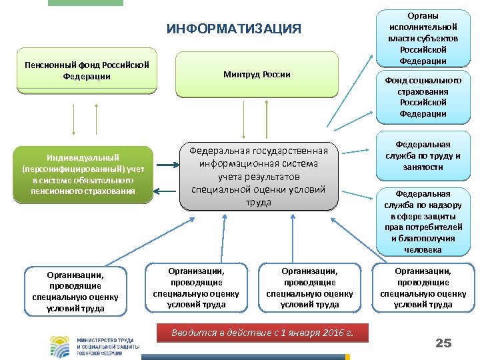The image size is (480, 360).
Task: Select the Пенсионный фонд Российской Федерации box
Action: [x=86, y=70]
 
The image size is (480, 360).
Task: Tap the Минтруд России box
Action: [x=257, y=74]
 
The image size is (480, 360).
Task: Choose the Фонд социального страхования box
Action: [x=423, y=97]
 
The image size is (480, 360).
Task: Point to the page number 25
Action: [x=443, y=343]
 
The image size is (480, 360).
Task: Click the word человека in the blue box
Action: [x=423, y=249]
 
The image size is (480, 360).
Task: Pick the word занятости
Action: [x=423, y=167]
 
